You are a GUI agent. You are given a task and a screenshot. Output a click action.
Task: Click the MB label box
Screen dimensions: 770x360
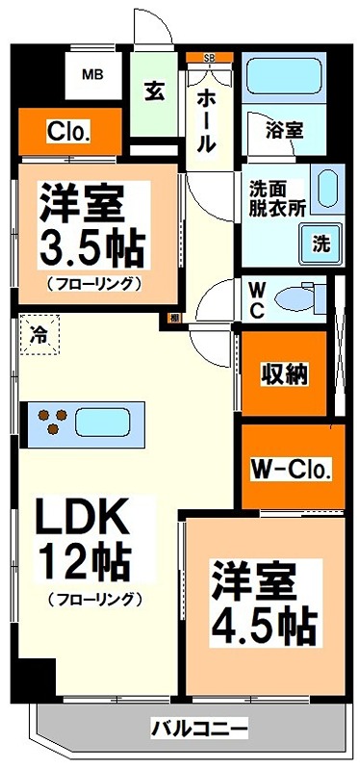(92, 73)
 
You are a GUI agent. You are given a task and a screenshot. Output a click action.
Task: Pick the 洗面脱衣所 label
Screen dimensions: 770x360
(272, 196)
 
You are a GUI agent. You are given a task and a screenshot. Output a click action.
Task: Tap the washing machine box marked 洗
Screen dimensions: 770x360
(320, 244)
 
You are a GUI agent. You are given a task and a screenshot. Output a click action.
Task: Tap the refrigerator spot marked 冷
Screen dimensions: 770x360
(39, 337)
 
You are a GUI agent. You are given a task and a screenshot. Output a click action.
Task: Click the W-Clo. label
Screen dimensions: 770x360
(291, 471)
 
